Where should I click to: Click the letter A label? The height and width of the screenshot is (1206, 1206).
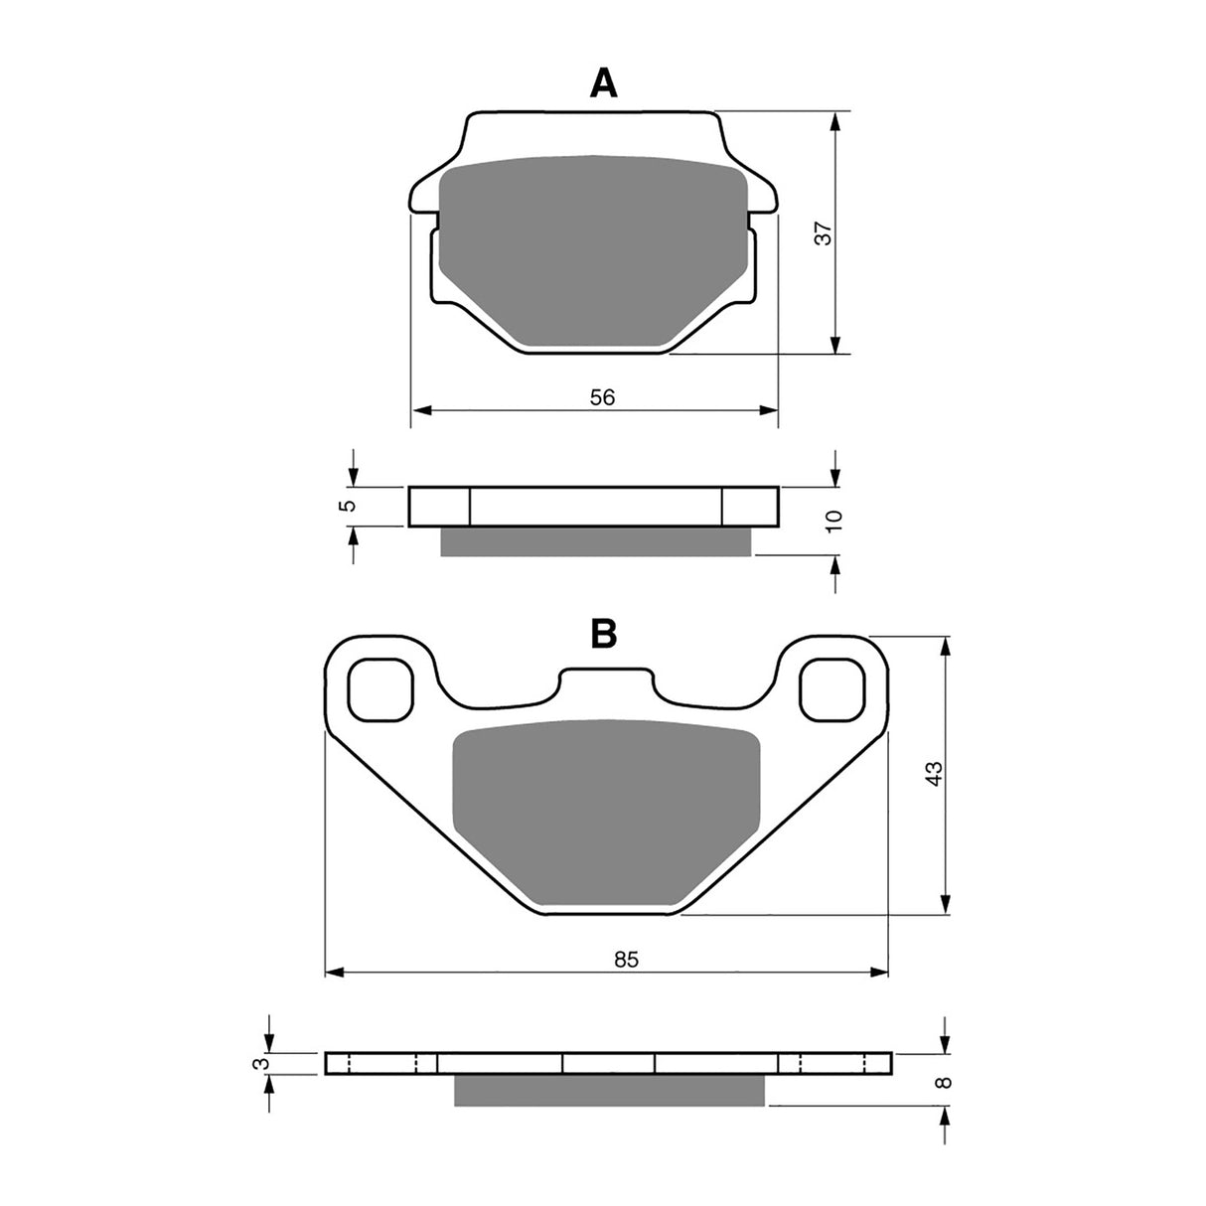click(x=603, y=84)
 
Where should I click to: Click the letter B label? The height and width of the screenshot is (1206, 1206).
click(x=603, y=633)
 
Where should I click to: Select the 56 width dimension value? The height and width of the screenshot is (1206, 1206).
click(x=602, y=397)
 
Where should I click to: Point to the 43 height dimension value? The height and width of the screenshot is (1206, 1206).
click(x=932, y=774)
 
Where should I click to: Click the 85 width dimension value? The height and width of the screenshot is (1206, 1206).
click(x=625, y=960)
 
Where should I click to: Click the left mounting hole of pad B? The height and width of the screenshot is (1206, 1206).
click(x=379, y=688)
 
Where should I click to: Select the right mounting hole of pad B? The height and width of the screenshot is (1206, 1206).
click(x=833, y=688)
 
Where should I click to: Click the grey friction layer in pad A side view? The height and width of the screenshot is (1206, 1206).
click(x=596, y=540)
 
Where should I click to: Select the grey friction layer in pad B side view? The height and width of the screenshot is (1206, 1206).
click(x=610, y=1090)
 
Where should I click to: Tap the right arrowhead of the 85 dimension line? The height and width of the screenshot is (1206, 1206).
click(x=879, y=971)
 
